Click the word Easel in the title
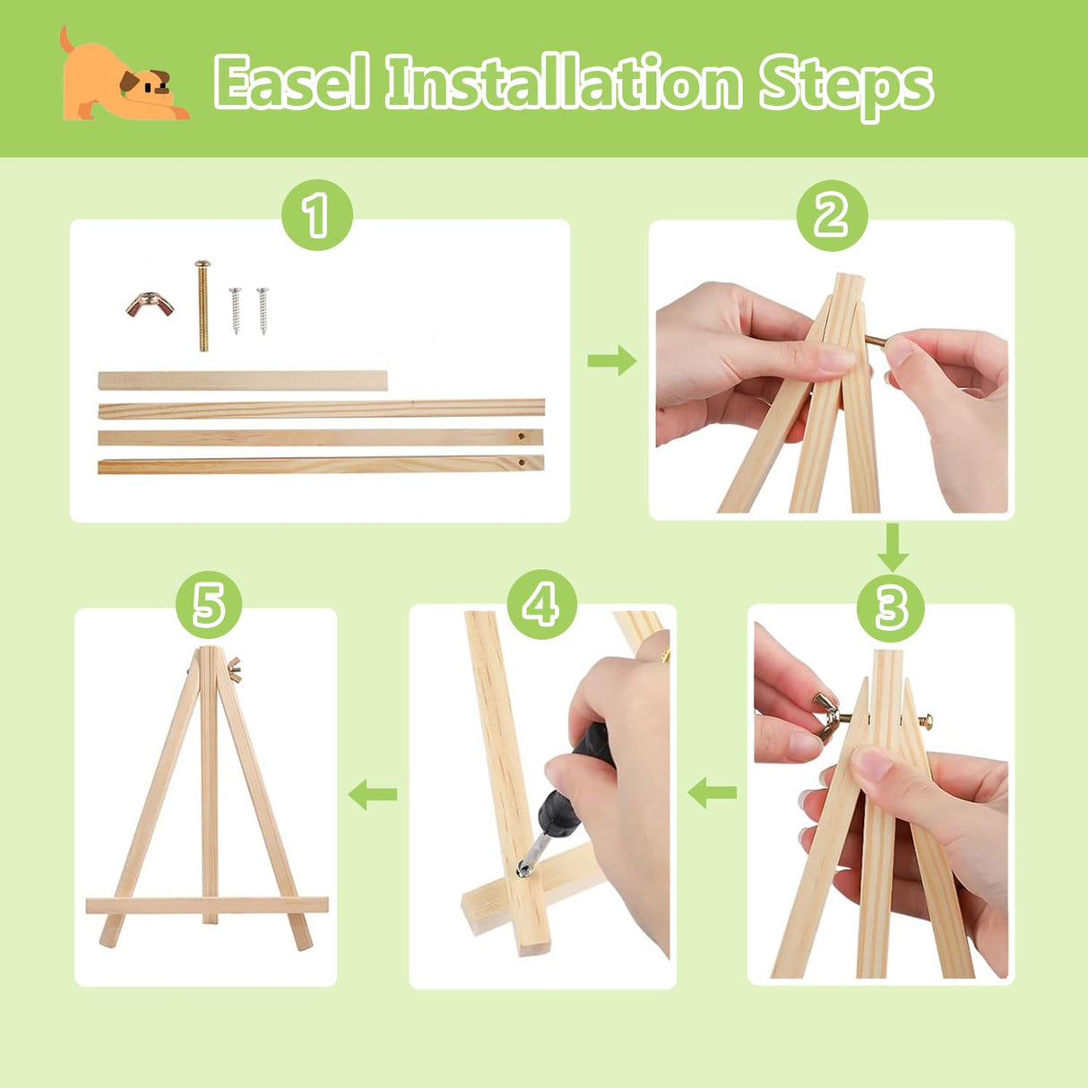pos(292,82)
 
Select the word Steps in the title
pos(845,88)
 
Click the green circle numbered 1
pos(316,215)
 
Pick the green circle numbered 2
pos(832,215)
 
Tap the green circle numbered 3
pos(891,609)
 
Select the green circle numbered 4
pos(541,604)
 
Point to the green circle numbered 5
pos(208,604)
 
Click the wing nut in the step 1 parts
pos(150,305)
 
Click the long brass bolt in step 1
pos(203,306)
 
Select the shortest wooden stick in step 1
pos(243,380)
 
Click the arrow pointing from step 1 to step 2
pos(612,360)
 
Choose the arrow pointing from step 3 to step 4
pos(712,793)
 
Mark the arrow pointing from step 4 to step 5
pos(373,794)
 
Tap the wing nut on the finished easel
pos(234,669)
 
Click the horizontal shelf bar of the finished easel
pos(207,905)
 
